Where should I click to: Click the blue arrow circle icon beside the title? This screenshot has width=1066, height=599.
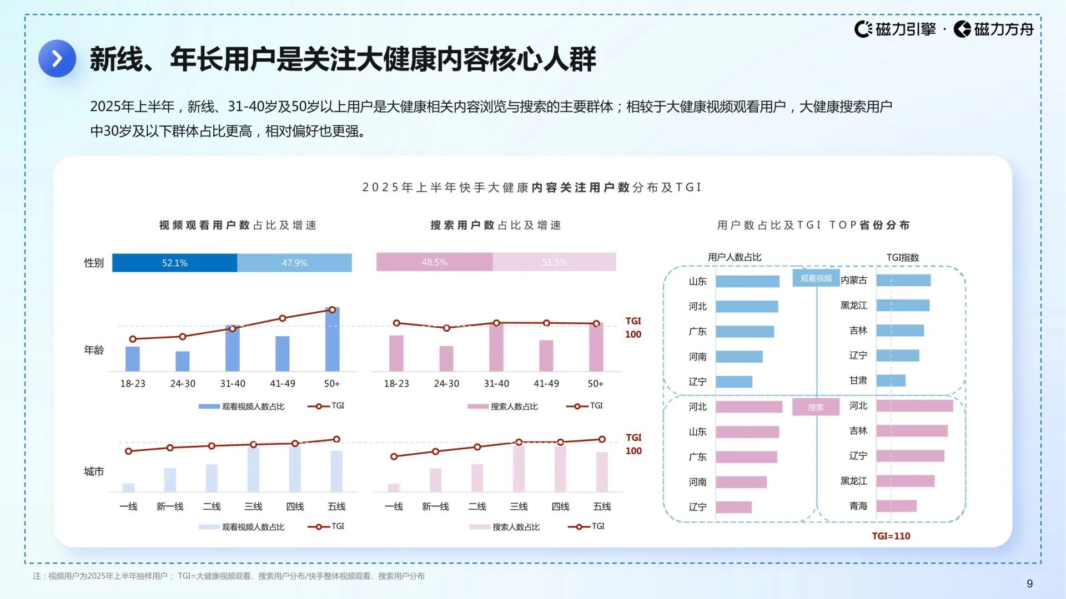coord(57,58)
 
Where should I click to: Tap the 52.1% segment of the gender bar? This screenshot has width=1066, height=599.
coord(174,263)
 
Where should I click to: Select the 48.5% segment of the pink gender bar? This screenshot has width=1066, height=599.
coord(434,262)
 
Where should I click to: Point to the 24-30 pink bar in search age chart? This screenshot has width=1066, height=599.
coord(446,358)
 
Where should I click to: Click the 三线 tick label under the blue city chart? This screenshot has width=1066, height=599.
coord(253,506)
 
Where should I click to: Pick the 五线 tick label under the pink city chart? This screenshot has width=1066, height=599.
coord(602,506)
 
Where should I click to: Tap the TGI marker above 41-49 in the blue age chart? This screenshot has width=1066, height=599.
coord(283,318)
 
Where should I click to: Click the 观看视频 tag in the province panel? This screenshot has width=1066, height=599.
coord(816,278)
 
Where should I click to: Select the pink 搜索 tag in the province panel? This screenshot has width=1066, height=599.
coord(816,407)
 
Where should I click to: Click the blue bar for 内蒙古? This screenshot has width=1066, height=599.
coord(903,281)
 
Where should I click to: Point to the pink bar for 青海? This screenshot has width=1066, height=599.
coord(896,506)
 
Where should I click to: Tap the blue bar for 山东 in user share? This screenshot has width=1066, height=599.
coord(747,281)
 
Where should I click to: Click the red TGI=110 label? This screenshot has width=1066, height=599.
coord(891,536)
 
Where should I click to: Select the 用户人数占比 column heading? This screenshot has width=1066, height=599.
coord(734,257)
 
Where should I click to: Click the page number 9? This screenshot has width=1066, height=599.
coord(1029,583)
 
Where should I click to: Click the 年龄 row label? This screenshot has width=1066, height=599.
coord(94,350)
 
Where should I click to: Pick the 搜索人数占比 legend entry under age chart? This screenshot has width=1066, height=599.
coord(514,407)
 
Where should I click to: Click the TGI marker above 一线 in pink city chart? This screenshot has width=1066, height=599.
coord(394,456)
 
